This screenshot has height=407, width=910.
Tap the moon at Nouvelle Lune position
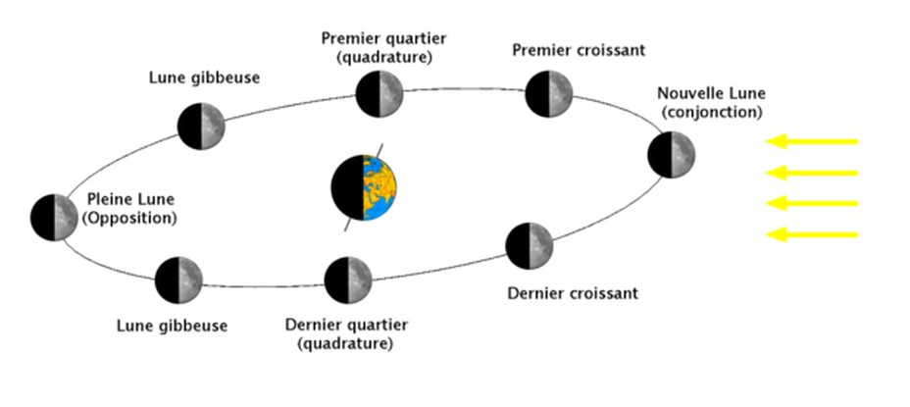[x=672, y=156]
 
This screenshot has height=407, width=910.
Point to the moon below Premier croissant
[x=549, y=94]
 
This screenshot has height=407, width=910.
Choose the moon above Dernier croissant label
[x=530, y=245]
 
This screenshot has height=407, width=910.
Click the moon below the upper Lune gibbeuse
[x=202, y=126]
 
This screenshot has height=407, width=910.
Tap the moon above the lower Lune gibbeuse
[x=178, y=280]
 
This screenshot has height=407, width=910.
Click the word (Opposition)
[x=130, y=218]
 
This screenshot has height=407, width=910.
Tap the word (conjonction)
[x=711, y=113]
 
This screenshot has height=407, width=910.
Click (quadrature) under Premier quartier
[x=383, y=57]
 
